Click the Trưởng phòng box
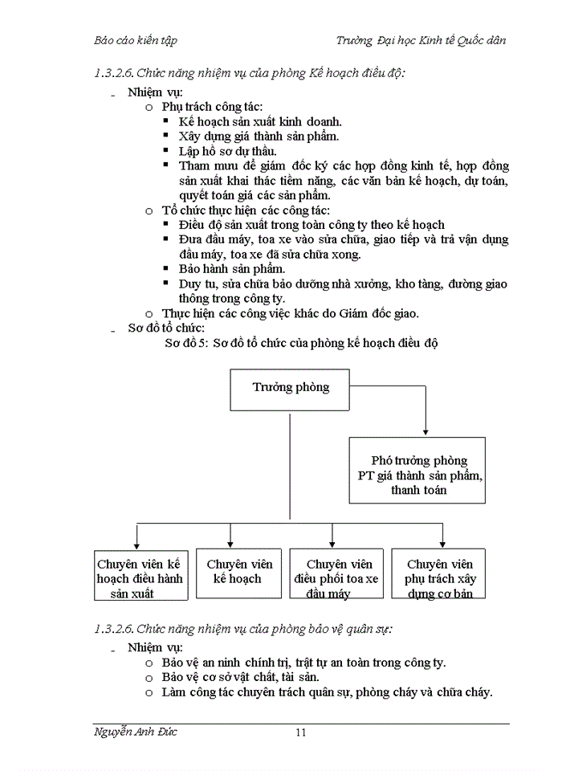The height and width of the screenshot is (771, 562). click(x=291, y=387)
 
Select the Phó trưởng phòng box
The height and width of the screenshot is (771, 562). click(x=417, y=470)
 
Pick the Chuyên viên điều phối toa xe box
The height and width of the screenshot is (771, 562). click(x=337, y=573)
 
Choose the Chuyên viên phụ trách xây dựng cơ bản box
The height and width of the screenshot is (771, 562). click(x=439, y=573)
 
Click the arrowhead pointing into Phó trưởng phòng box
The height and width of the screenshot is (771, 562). click(x=426, y=432)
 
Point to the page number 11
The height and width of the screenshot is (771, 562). click(x=301, y=732)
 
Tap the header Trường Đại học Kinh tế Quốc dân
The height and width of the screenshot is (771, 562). click(x=421, y=39)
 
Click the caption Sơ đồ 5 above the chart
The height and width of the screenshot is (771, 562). click(x=300, y=343)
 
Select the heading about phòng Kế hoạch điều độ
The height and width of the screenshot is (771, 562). click(x=250, y=74)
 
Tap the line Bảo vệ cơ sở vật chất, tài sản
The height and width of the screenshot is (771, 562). click(x=241, y=677)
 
